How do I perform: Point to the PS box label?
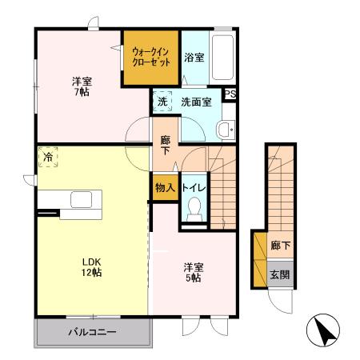click(x=230, y=94)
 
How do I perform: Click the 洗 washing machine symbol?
click(x=162, y=102)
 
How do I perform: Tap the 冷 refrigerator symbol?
click(x=47, y=158)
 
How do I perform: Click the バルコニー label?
click(x=92, y=331)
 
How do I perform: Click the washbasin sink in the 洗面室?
click(x=226, y=129)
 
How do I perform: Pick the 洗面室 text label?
click(x=195, y=102)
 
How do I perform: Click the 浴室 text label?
click(x=193, y=58)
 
